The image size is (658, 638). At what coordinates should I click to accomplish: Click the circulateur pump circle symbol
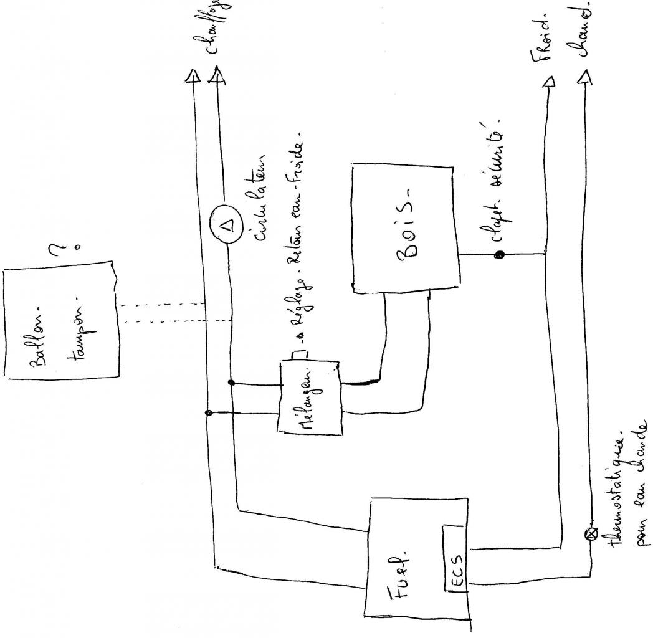[228, 224]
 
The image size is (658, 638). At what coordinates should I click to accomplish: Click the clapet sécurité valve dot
[499, 255]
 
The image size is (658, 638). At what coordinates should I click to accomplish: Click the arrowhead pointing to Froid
[548, 82]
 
